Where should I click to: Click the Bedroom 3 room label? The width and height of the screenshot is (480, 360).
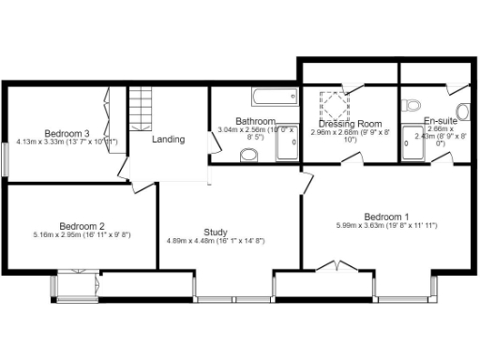pos(67,132)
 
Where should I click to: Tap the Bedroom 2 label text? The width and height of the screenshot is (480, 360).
pos(82,225)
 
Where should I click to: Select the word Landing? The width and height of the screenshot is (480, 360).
pos(169,140)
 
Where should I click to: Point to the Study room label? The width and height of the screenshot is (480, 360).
pos(217,232)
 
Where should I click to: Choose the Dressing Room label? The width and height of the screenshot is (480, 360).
pos(350,124)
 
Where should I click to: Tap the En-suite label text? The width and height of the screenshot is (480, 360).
pos(440,122)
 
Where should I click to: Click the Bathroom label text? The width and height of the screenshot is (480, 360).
pos(255,121)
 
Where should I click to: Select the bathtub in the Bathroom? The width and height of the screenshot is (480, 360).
pos(274,96)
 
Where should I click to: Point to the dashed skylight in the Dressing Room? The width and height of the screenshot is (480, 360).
pos(335,102)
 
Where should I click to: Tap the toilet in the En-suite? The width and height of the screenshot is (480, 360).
pos(412,105)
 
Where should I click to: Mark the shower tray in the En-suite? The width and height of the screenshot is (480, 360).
pos(413,140)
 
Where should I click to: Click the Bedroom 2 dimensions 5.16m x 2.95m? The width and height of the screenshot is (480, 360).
pos(82,235)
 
